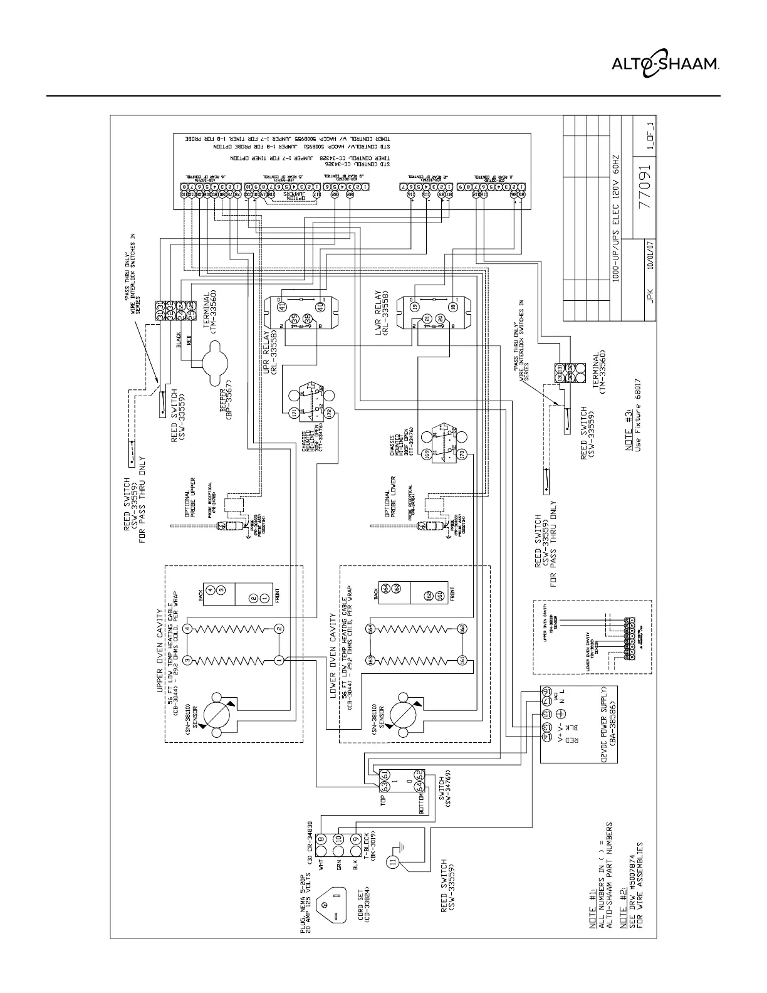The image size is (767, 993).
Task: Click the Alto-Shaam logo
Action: click(665, 63)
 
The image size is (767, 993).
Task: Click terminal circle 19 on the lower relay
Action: click(415, 307)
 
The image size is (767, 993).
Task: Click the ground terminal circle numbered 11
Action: click(394, 861)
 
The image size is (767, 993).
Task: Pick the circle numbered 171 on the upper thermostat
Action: click(295, 413)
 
